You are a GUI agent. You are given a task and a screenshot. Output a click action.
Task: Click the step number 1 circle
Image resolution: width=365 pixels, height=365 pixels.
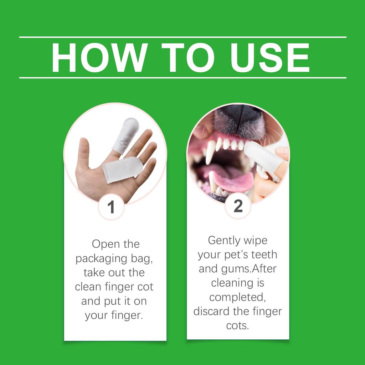pos(111,207)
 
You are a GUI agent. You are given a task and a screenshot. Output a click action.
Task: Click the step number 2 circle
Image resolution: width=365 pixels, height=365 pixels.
pos(238,206)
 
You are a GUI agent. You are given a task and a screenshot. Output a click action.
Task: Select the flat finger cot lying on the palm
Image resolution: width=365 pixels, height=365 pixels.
pos(122,169)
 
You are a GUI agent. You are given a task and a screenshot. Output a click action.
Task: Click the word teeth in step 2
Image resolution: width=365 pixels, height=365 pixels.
pos(264,255)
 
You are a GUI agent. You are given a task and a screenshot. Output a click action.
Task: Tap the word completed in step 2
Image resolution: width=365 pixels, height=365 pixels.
pos(236,297)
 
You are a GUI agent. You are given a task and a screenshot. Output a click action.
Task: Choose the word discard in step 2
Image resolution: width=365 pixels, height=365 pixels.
pos(211,311)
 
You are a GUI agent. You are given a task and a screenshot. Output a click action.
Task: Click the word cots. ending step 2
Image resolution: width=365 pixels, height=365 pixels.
pos(237,325)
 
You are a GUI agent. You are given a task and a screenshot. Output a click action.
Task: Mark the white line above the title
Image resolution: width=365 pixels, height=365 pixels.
pos(182,37)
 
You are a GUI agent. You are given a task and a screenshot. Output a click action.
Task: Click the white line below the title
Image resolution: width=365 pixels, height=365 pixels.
pos(182,77)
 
